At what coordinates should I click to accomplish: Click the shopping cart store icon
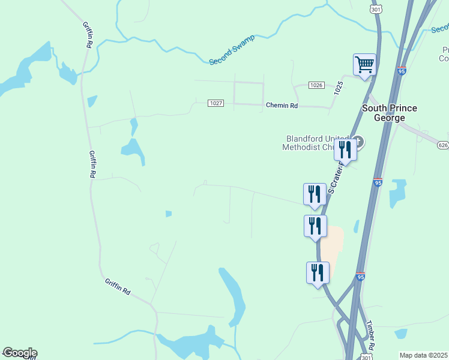pyautogui.click(x=364, y=64)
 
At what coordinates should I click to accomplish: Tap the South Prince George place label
pyautogui.click(x=390, y=113)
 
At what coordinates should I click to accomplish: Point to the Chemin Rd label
pyautogui.click(x=282, y=106)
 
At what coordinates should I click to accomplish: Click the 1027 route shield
pyautogui.click(x=216, y=103)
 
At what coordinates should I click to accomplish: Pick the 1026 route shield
pyautogui.click(x=317, y=85)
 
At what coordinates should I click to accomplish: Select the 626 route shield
pyautogui.click(x=443, y=145)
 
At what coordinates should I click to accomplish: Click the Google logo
pyautogui.click(x=19, y=353)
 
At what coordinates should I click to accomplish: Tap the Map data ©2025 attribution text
pyautogui.click(x=423, y=355)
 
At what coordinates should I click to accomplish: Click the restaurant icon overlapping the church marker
pyautogui.click(x=345, y=149)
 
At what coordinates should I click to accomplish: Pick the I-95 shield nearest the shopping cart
pyautogui.click(x=402, y=71)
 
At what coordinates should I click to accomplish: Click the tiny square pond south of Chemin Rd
pyautogui.click(x=169, y=213)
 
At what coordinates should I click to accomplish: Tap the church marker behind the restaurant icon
pyautogui.click(x=359, y=142)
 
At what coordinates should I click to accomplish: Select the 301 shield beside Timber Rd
pyautogui.click(x=366, y=357)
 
